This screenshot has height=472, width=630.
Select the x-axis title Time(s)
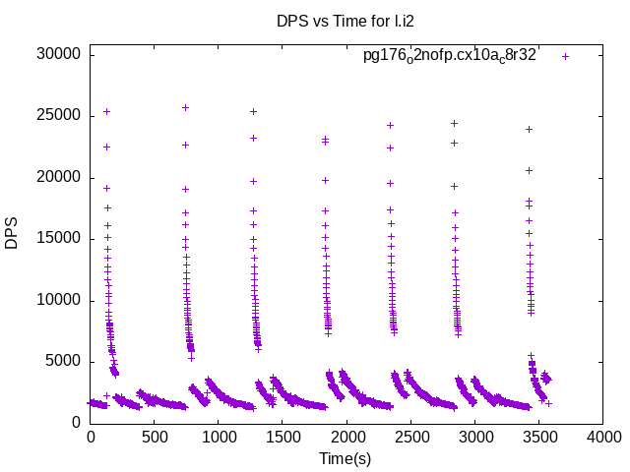345,459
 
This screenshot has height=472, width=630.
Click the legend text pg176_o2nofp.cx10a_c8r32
450,55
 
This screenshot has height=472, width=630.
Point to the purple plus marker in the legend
565,56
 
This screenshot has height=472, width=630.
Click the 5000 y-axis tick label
63,362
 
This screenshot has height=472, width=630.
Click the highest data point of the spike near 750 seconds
185,107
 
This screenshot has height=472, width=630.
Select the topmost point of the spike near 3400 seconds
529,129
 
